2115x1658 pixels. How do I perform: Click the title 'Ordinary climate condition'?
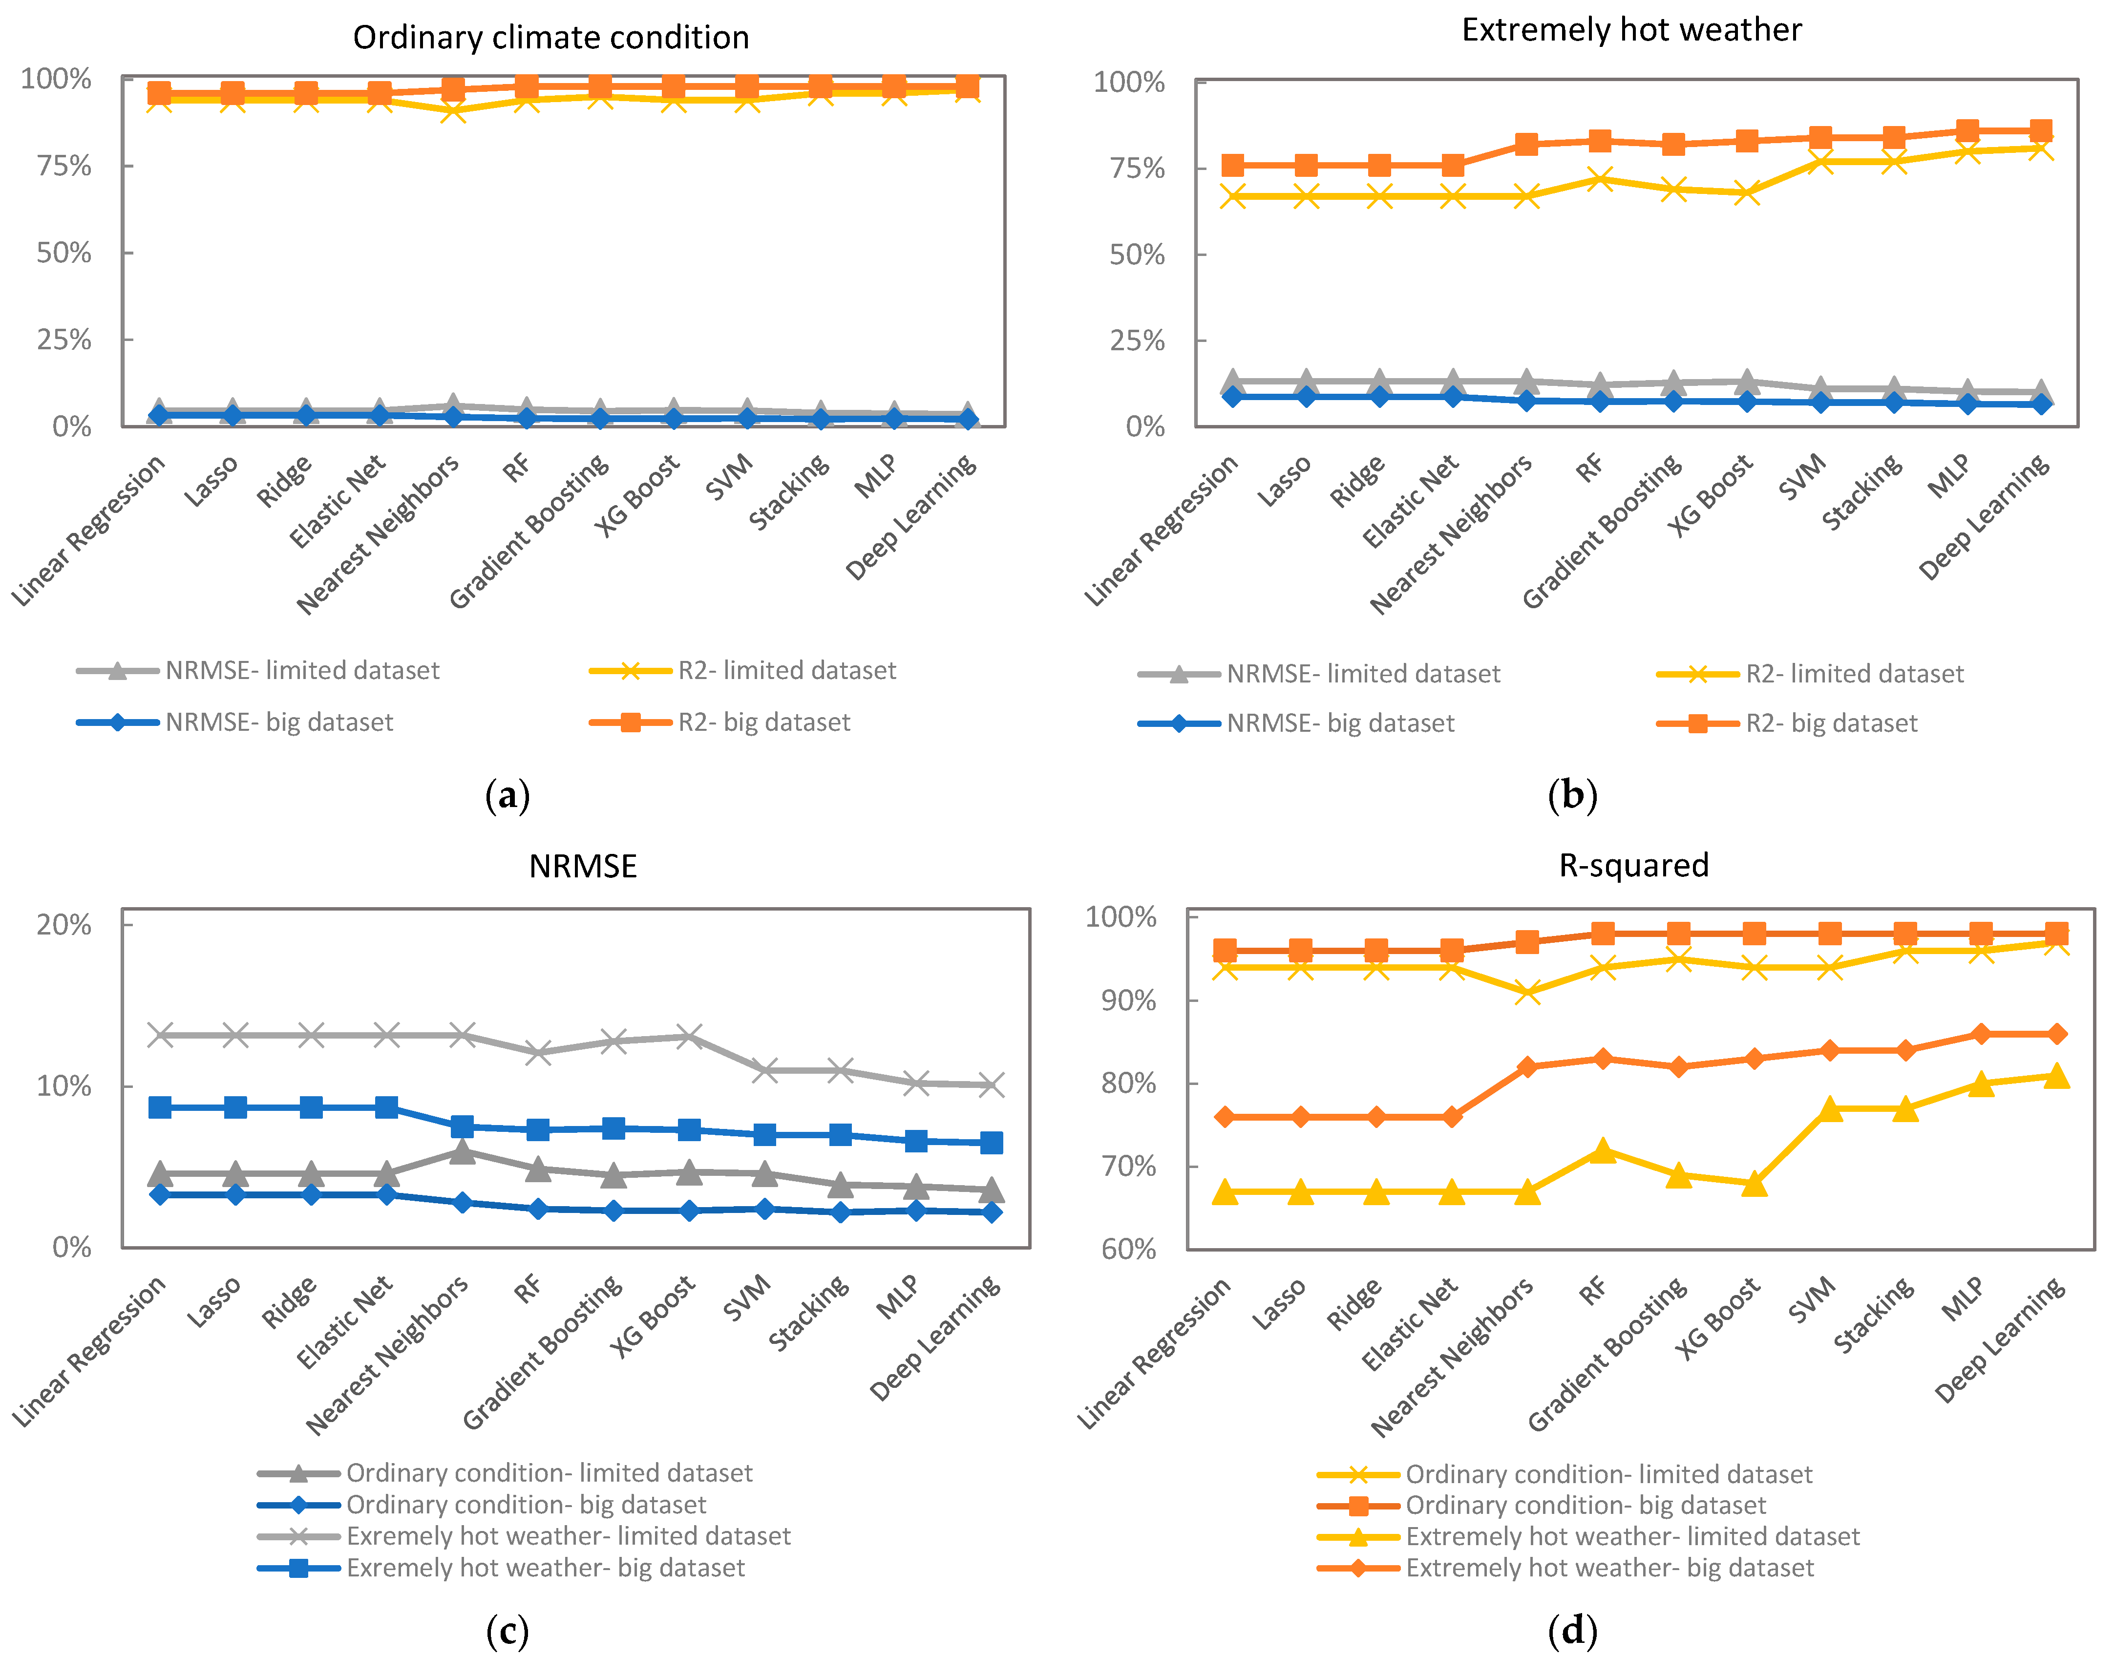click(550, 38)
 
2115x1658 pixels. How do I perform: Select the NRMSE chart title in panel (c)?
click(582, 866)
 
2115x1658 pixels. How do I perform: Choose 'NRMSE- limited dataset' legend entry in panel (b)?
click(1363, 674)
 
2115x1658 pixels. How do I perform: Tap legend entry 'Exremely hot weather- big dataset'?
click(546, 1568)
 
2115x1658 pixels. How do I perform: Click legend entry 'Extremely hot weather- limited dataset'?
click(1632, 1537)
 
